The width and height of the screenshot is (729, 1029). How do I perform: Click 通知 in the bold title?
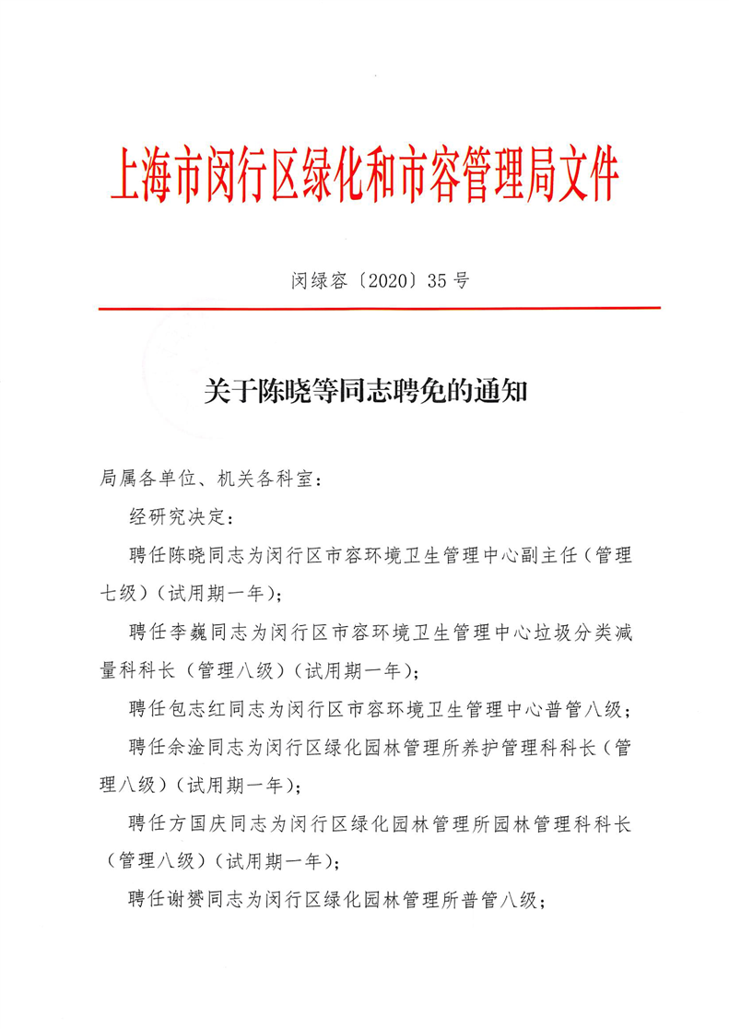point(498,393)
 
